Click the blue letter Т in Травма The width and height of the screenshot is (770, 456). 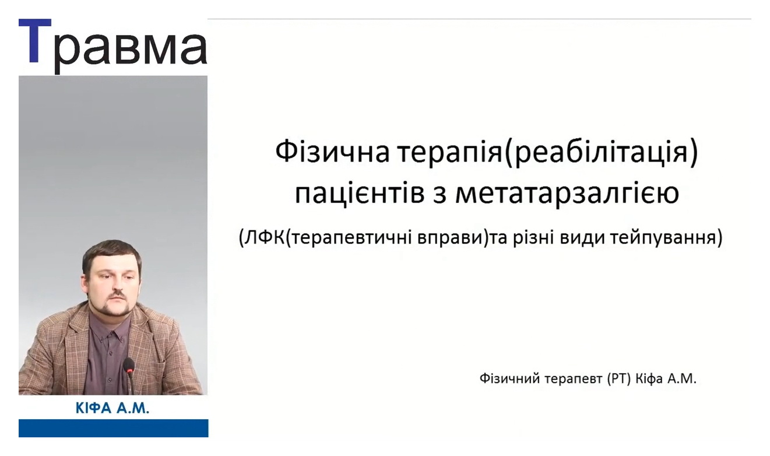(35, 41)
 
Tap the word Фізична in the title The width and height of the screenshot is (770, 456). (332, 153)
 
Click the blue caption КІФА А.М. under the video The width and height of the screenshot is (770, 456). (112, 408)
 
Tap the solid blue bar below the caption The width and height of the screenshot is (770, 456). (114, 428)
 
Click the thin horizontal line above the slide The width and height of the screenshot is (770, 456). (479, 19)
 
